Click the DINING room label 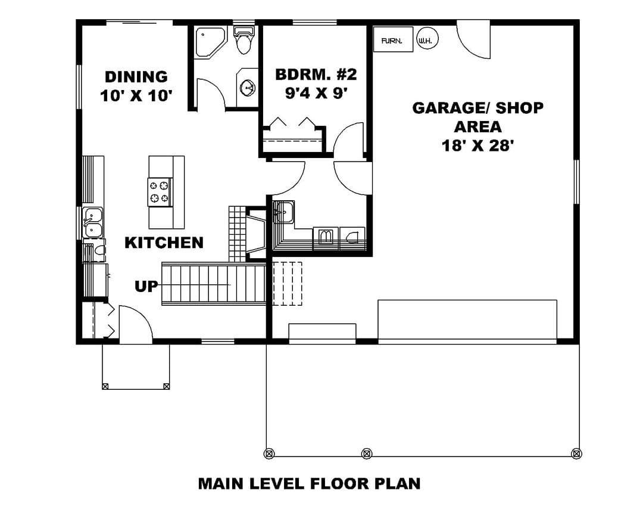click(x=136, y=76)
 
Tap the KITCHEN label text click(x=164, y=243)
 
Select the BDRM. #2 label click(x=316, y=75)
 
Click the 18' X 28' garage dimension click(x=477, y=145)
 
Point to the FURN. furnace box click(x=393, y=39)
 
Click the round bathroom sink click(x=248, y=87)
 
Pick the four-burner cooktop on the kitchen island click(x=160, y=192)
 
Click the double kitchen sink click(x=93, y=222)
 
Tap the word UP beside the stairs click(x=146, y=286)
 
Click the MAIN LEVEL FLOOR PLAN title click(x=310, y=483)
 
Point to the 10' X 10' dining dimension click(x=136, y=96)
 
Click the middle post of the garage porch click(x=367, y=454)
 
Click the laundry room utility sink click(x=283, y=212)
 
